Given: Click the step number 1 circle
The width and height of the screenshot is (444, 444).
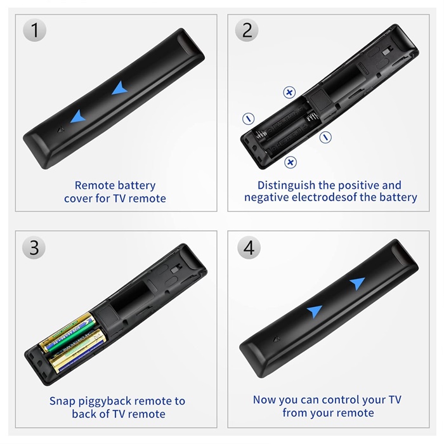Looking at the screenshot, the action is pyautogui.click(x=34, y=30).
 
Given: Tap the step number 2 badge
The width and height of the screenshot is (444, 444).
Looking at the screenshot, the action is pyautogui.click(x=247, y=30).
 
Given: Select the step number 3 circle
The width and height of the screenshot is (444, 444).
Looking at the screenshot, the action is pyautogui.click(x=34, y=247).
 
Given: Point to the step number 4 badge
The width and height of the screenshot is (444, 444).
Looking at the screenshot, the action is pyautogui.click(x=249, y=247).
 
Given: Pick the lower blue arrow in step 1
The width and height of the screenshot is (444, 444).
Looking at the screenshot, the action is pyautogui.click(x=77, y=117).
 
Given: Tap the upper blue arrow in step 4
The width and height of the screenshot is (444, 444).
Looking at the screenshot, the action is pyautogui.click(x=357, y=283).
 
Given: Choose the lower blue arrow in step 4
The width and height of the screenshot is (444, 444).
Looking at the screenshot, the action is pyautogui.click(x=315, y=311).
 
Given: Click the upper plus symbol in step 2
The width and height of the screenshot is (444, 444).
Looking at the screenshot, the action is pyautogui.click(x=289, y=93).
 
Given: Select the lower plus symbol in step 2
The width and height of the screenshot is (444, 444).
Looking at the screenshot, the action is pyautogui.click(x=291, y=162).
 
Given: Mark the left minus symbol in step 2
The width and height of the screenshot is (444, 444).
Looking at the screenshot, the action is pyautogui.click(x=249, y=119).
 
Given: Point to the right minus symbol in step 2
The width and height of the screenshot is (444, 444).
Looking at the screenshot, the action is pyautogui.click(x=325, y=138).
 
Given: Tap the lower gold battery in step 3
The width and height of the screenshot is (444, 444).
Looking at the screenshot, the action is pyautogui.click(x=77, y=351).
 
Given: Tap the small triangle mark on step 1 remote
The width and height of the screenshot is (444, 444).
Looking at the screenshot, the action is pyautogui.click(x=61, y=130).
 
